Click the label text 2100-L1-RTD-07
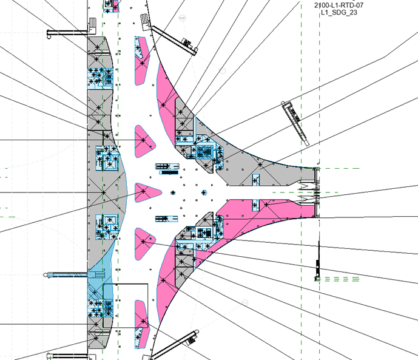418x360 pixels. point(339,5)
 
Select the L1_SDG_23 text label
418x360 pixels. point(339,12)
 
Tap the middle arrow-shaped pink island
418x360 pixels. point(147,192)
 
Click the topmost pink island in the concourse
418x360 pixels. point(141,61)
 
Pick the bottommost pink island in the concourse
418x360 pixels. point(141,324)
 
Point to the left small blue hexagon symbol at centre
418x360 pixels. point(173,192)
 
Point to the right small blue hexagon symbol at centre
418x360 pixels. point(204,192)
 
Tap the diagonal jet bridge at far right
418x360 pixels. point(295,123)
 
